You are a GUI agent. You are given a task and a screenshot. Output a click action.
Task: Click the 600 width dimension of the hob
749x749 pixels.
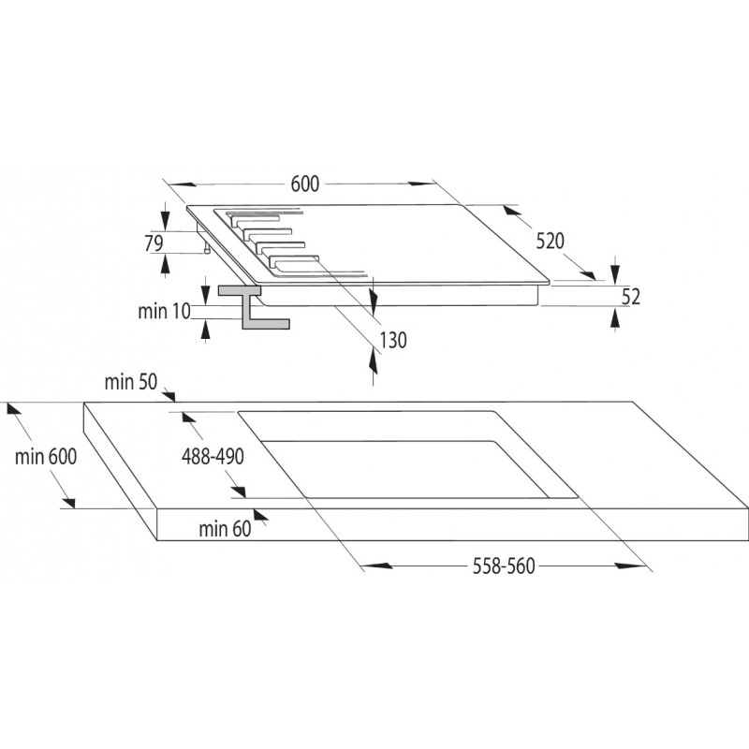(x=305, y=184)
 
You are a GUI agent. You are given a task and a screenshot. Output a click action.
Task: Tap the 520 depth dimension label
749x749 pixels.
(x=550, y=241)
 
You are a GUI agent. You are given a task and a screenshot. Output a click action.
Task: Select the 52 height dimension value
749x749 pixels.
(x=630, y=297)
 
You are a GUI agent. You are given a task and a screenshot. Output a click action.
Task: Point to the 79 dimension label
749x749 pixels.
(x=154, y=243)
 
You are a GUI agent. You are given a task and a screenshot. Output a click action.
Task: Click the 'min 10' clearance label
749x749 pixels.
(x=164, y=312)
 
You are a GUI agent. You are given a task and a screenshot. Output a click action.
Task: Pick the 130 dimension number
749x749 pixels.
(x=393, y=341)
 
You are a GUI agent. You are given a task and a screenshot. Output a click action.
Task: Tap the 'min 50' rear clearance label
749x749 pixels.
(x=130, y=382)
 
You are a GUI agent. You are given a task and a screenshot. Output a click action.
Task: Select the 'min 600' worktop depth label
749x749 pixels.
(x=45, y=457)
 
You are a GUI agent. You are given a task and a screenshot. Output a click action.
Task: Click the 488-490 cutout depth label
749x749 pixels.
(x=213, y=457)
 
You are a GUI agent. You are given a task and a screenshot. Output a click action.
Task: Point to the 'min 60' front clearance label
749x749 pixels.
(x=225, y=529)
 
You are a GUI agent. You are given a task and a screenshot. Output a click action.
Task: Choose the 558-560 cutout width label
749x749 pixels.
(x=504, y=566)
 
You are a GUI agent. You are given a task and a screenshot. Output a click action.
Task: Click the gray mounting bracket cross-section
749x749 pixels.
(x=254, y=307)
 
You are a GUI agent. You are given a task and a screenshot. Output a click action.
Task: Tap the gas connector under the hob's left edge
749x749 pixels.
(x=207, y=247)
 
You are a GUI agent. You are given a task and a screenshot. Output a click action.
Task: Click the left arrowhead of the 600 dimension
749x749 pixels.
(x=182, y=184)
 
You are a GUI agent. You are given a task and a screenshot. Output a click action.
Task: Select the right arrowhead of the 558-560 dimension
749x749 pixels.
(x=631, y=566)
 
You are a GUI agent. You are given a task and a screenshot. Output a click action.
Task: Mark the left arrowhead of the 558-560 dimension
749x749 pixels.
(x=376, y=566)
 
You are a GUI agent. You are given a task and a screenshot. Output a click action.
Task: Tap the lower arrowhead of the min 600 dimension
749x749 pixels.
(x=68, y=502)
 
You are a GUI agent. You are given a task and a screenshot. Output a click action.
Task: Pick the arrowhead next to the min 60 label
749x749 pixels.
(x=261, y=514)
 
